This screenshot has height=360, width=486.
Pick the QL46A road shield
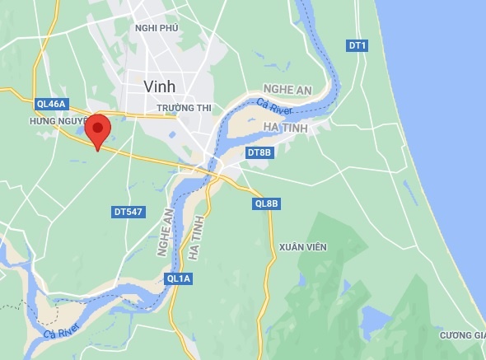pos(50,104)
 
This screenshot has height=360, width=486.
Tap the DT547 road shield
pos(128,212)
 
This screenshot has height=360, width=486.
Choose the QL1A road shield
pos(179,278)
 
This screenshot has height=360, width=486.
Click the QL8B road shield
pos(267,203)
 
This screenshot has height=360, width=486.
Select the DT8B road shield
pos(259,152)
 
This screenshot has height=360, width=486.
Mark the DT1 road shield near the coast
pos(357,45)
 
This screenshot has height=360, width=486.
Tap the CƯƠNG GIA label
pos(461,334)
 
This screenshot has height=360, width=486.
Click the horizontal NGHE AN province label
pos(288,89)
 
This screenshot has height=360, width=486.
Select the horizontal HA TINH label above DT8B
pos(287,127)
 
